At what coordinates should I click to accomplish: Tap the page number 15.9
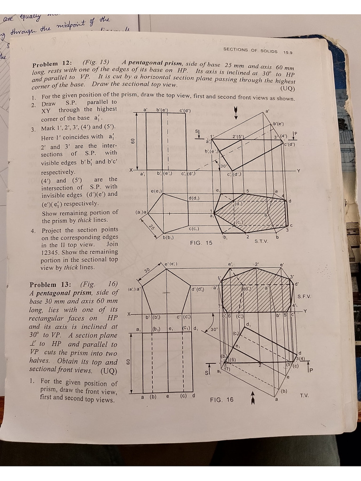[x=288, y=53]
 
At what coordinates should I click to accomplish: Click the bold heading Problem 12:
[x=51, y=64]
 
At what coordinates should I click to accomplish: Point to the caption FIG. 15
[x=201, y=243]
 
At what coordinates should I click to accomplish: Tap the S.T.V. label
[x=261, y=241]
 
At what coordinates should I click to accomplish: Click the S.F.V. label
[x=304, y=297]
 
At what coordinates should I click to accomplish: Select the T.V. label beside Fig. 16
[x=304, y=396]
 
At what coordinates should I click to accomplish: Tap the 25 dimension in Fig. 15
[x=152, y=227]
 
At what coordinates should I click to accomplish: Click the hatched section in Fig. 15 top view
[x=254, y=214]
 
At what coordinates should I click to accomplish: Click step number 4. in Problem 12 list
[x=33, y=231]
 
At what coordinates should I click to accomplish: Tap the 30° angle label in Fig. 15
[x=224, y=166]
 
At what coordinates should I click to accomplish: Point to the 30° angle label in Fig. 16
[x=214, y=330]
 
